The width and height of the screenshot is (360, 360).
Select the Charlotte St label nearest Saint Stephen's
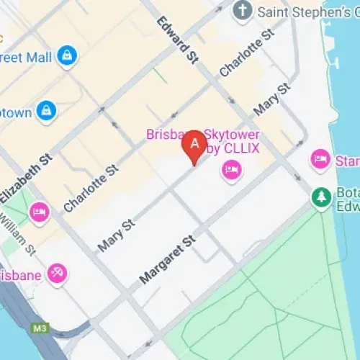click(248, 53)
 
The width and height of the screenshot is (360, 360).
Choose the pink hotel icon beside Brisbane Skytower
click(231, 170)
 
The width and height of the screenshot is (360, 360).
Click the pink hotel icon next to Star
click(319, 159)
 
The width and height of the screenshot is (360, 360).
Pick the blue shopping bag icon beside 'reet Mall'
click(67, 55)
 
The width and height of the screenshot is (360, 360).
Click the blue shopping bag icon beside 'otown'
click(46, 110)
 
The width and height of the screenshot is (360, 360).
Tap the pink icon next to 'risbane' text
click(56, 273)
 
